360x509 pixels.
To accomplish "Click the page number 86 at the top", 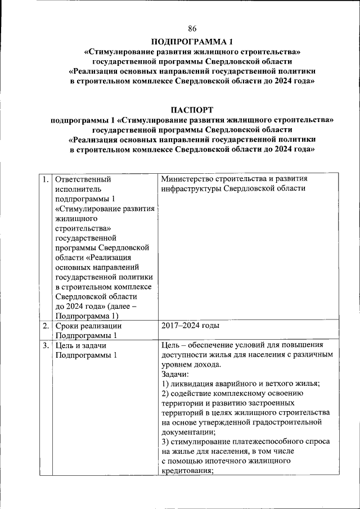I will click(192, 29).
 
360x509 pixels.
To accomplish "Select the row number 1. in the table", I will click(44, 179).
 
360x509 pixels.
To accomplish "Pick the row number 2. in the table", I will click(44, 326).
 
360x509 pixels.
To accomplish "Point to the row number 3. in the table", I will click(44, 345).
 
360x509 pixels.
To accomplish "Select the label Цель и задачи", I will click(81, 345).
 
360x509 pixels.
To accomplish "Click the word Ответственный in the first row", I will click(83, 179).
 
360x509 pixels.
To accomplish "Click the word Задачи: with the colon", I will click(175, 373).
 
